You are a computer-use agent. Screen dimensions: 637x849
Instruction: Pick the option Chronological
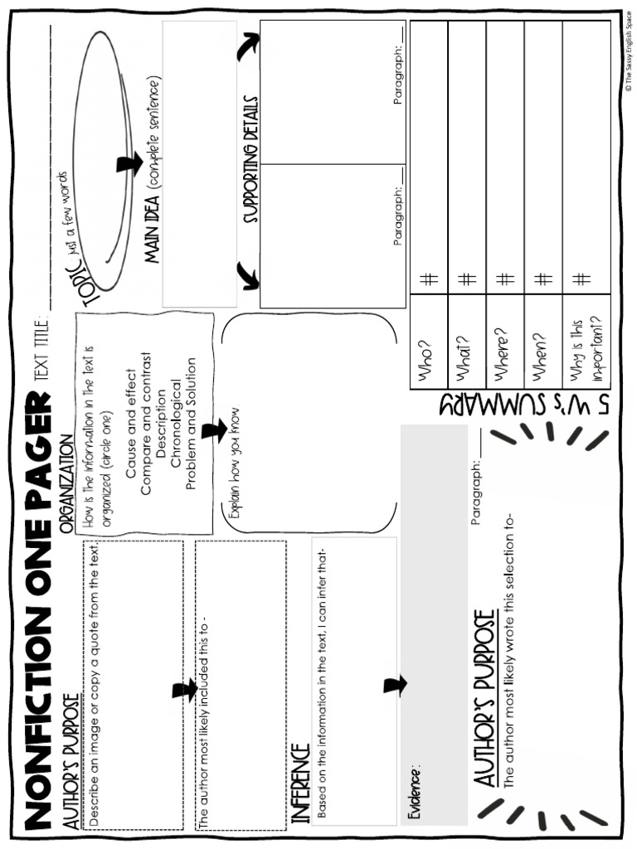click(x=176, y=424)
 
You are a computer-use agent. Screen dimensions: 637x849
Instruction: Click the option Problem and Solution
click(x=191, y=423)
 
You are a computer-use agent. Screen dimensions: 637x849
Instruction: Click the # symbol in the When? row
click(x=543, y=280)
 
